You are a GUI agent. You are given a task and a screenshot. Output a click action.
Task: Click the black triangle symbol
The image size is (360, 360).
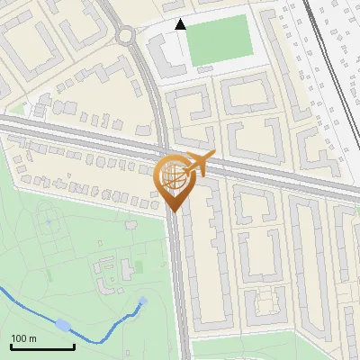tap(181, 25)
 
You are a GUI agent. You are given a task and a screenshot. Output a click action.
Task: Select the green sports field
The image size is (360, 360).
tap(221, 40)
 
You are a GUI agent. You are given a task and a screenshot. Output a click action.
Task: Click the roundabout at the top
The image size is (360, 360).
tap(125, 35)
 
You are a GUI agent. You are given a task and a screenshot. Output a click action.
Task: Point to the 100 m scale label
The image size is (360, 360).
tap(24, 338)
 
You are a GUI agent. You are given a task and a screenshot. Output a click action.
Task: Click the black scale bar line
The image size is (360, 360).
tap(42, 346)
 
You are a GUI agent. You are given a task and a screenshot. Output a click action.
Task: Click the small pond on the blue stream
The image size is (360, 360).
tap(63, 325)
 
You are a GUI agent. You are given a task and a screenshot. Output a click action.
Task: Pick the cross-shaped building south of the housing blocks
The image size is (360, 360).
tap(265, 301)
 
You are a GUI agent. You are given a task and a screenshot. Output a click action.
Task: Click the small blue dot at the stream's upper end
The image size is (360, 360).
tap(143, 301)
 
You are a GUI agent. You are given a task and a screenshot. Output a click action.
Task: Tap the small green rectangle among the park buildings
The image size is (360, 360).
tap(138, 267)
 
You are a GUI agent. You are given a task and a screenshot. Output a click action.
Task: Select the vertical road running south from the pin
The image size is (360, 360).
tap(180, 288)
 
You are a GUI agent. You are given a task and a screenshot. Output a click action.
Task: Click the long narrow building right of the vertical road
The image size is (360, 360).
tap(215, 261)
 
